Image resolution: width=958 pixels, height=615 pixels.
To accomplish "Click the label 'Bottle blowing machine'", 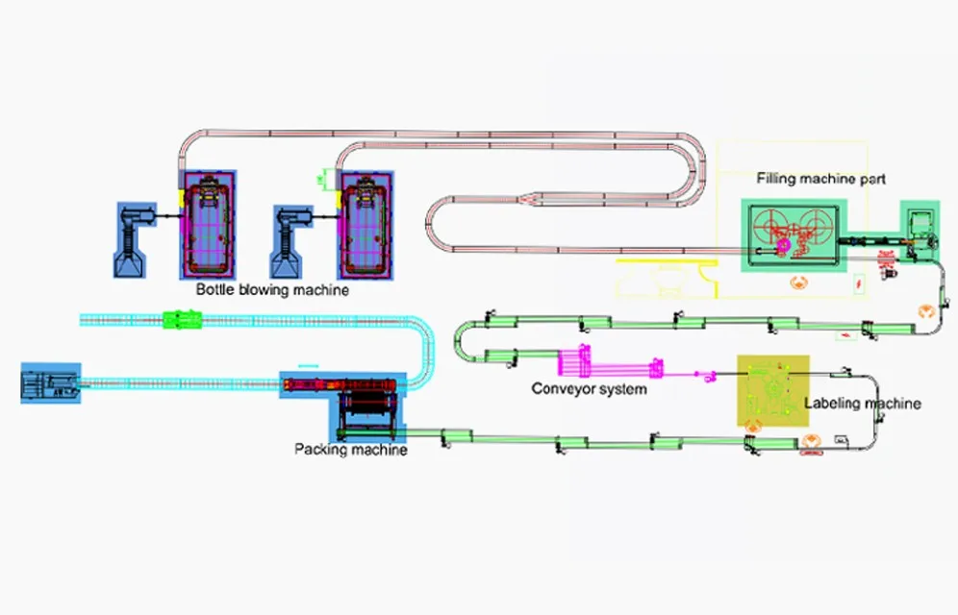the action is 273,288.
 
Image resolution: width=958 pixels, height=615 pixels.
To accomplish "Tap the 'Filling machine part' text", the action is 820,179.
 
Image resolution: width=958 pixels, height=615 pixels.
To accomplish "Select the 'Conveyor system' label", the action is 589,389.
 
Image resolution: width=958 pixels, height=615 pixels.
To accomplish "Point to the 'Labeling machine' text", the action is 862,404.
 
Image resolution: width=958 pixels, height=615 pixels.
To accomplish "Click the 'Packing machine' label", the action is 350,449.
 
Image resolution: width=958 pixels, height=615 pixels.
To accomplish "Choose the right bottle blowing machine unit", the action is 363,222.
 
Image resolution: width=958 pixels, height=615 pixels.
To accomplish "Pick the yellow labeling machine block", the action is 772,390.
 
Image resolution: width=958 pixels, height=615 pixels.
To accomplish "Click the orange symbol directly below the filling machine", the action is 795,283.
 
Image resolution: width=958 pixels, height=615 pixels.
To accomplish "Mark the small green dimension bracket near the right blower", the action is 328,177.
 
